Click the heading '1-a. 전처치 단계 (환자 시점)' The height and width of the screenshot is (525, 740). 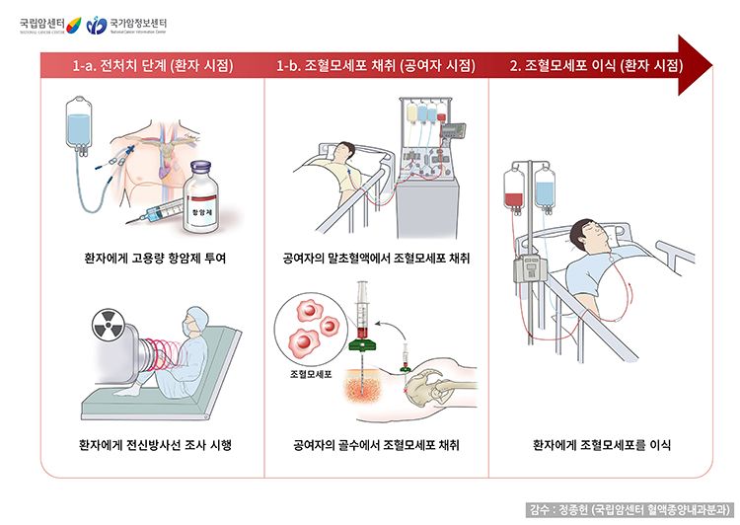(153, 66)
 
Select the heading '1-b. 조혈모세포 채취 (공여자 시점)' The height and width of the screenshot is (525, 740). (376, 66)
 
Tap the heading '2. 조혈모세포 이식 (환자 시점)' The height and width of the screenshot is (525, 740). (596, 66)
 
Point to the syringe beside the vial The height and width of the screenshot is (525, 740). (157, 210)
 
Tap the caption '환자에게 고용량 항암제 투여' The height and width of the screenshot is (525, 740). (155, 259)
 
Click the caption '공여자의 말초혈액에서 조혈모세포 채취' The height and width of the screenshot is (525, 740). (376, 259)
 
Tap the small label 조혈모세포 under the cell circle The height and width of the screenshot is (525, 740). (310, 374)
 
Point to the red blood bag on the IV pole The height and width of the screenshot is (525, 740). (512, 190)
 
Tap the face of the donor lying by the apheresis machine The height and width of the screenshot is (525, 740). (341, 152)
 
